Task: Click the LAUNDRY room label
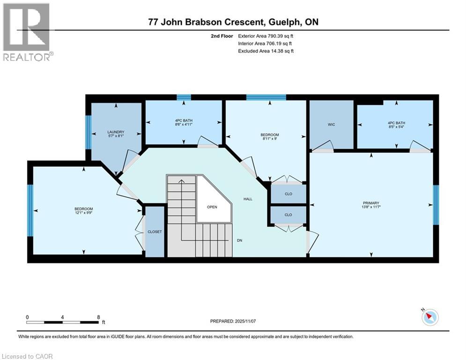[116, 132]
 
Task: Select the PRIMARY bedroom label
[370, 203]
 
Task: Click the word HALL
[248, 199]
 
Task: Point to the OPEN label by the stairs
[212, 207]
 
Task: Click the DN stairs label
[239, 240]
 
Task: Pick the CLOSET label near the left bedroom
[155, 232]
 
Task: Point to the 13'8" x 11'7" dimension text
[370, 207]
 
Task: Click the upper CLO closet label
[288, 194]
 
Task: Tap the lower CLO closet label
[288, 215]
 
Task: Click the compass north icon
[429, 317]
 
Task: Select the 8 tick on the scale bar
[98, 317]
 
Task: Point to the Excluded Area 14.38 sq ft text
[266, 51]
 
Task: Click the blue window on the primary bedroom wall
[436, 204]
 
